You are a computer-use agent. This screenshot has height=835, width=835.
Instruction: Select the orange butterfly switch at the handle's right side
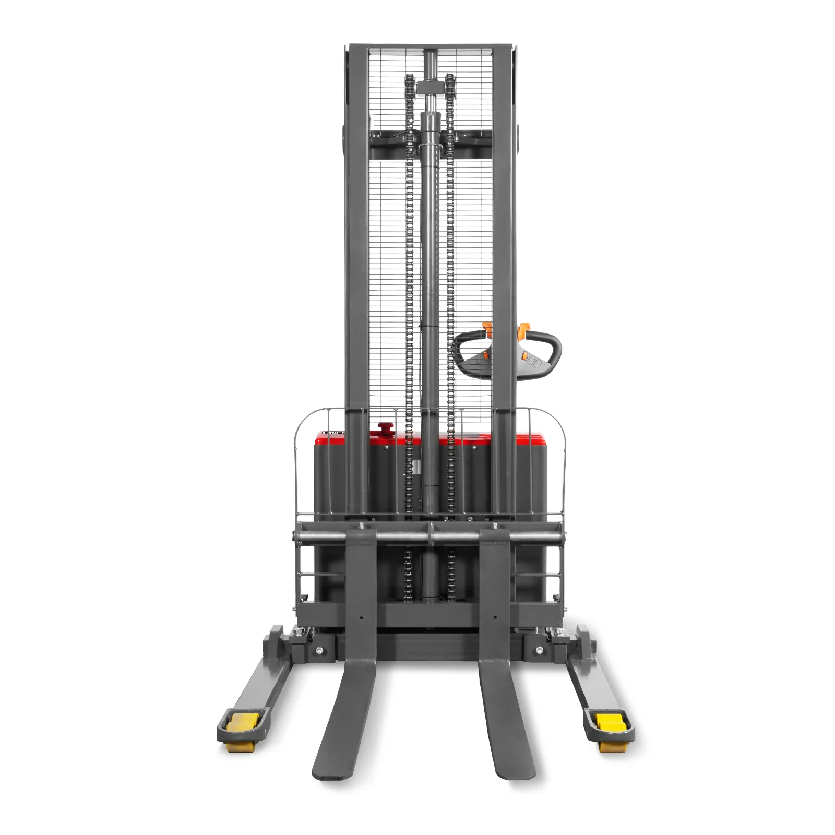[x=522, y=330]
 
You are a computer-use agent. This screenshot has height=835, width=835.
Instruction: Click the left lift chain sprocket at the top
[x=409, y=83]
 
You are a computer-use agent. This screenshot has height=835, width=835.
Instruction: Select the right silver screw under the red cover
[x=475, y=448]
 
